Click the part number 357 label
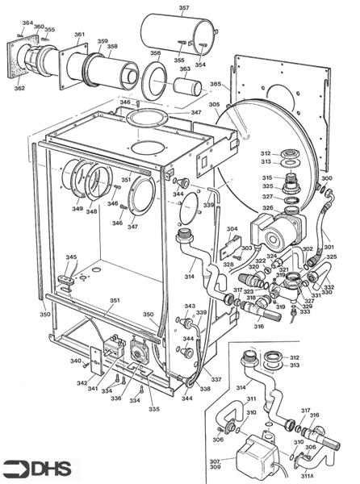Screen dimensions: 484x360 pyautogui.click(x=184, y=9)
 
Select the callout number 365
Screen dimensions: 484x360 pyautogui.click(x=216, y=84)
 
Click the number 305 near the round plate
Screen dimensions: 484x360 pyautogui.click(x=214, y=105)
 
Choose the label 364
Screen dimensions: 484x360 pyautogui.click(x=27, y=23)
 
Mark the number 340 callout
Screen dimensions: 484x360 pyautogui.click(x=75, y=361)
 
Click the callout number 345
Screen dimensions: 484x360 pyautogui.click(x=72, y=258)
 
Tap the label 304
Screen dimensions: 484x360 pyautogui.click(x=232, y=230)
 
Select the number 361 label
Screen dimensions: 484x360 pyautogui.click(x=79, y=35)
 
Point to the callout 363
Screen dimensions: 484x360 pyautogui.click(x=185, y=70)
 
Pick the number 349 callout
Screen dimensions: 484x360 pyautogui.click(x=77, y=210)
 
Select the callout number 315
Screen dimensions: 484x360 pyautogui.click(x=266, y=178)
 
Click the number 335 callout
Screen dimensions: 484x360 pyautogui.click(x=153, y=409)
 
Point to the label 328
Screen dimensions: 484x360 pyautogui.click(x=229, y=265)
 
